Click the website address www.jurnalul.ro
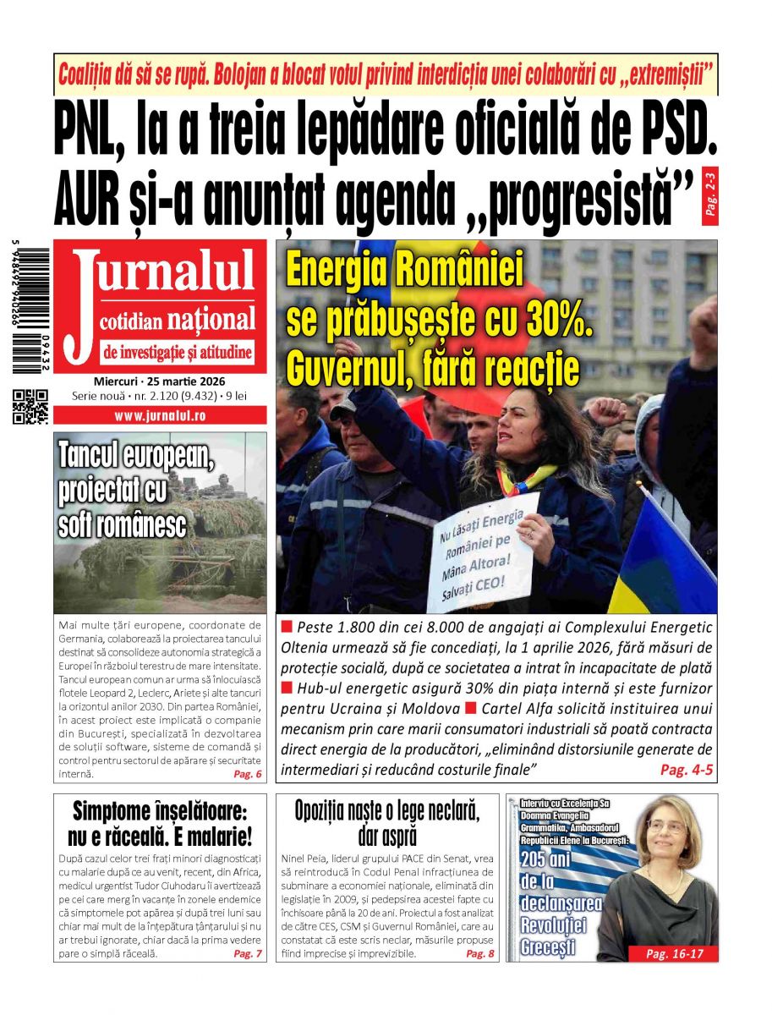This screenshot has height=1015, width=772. pos(160,416)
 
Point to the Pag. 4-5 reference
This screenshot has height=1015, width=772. pos(687,770)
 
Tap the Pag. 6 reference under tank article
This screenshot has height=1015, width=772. pos(247,774)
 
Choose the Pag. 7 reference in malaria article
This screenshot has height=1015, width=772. pos(247,953)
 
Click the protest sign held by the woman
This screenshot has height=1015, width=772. pos(486,550)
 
